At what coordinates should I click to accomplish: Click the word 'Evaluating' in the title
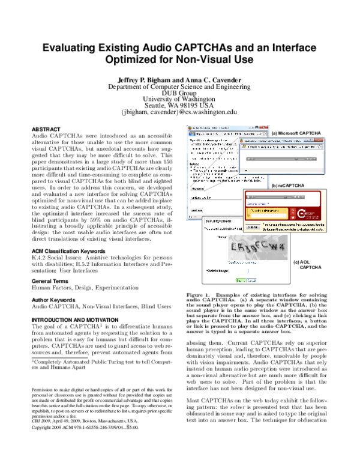click(76, 44)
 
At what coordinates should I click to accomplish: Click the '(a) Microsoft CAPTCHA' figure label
click(296, 133)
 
